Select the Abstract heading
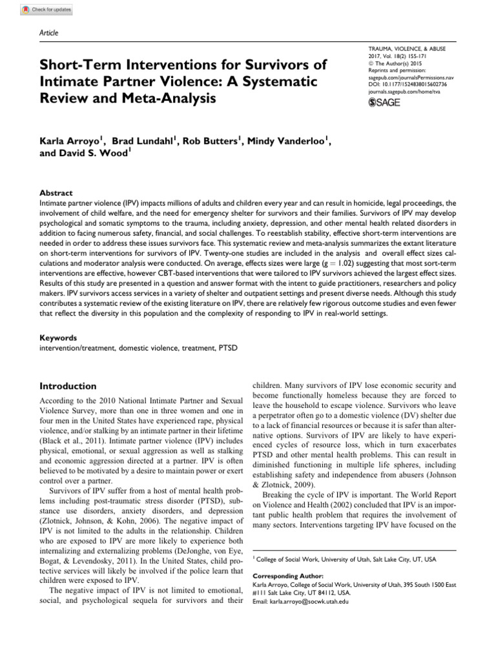tap(56, 193)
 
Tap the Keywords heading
tap(58, 338)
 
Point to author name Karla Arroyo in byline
tap(70, 142)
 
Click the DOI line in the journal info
tap(393, 85)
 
